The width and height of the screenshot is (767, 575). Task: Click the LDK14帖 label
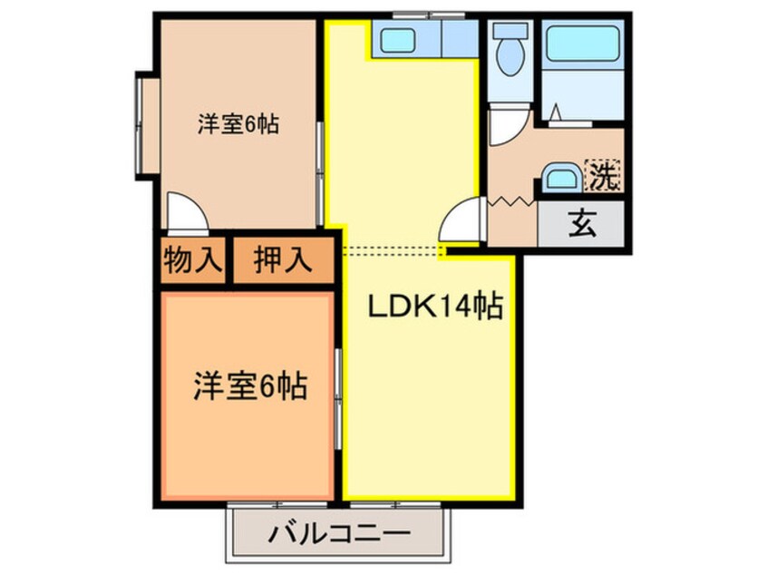[x=435, y=308]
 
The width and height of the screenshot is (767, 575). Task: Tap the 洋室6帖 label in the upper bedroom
[x=238, y=125]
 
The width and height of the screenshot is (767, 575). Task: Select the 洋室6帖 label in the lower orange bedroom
[x=248, y=388]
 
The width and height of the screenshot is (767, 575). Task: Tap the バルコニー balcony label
[x=338, y=534]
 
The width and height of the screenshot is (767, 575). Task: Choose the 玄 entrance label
[x=582, y=223]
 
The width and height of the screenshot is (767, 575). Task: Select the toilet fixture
[x=510, y=50]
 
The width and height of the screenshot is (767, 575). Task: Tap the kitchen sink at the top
[x=396, y=40]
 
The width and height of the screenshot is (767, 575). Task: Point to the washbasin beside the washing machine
[x=562, y=178]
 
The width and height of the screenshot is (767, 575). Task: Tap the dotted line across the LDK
[x=390, y=248]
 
